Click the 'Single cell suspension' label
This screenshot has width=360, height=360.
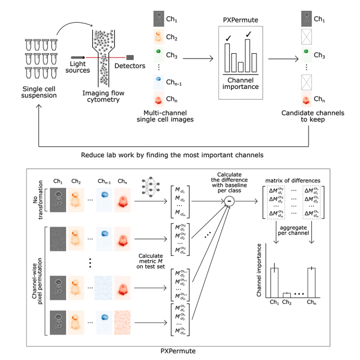(33, 92)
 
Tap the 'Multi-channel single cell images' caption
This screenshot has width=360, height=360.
(169, 117)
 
